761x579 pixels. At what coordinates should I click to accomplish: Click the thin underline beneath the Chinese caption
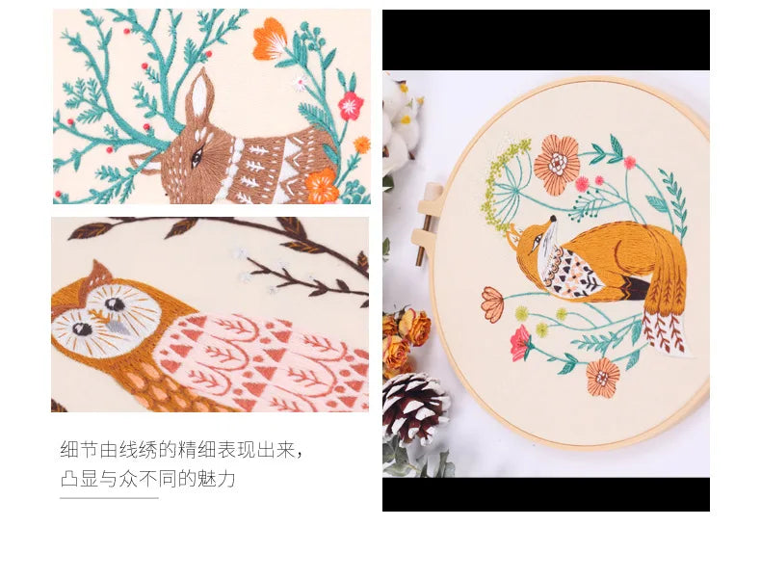pyautogui.click(x=109, y=498)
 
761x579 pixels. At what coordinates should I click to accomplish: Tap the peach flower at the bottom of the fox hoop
pyautogui.click(x=603, y=377)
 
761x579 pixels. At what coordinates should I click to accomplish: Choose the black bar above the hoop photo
pyautogui.click(x=545, y=39)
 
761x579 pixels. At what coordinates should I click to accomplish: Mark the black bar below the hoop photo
pyautogui.click(x=545, y=494)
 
